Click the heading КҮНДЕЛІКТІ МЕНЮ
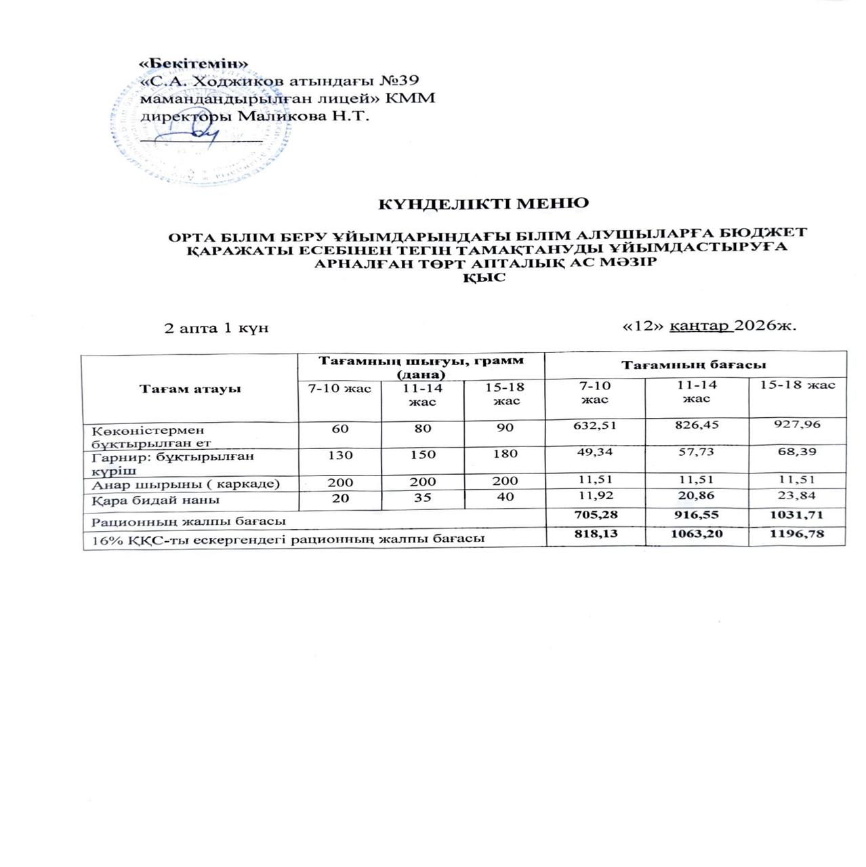[x=482, y=204]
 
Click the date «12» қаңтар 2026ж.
[x=709, y=326]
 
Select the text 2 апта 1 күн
[x=217, y=329]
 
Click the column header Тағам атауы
[x=190, y=389]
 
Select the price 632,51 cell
[x=595, y=425]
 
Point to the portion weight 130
[x=339, y=454]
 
